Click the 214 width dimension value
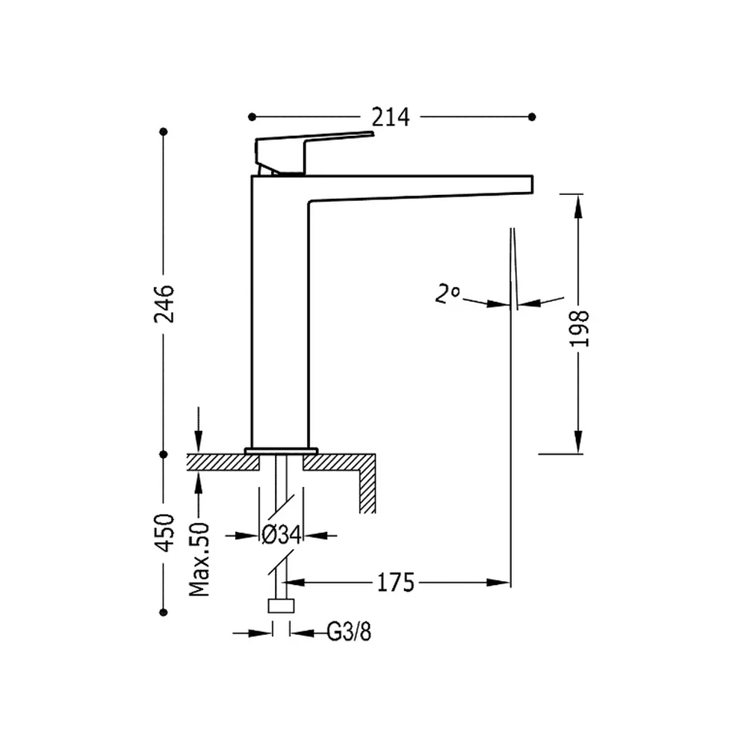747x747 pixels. pyautogui.click(x=390, y=117)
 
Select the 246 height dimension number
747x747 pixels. pyautogui.click(x=164, y=303)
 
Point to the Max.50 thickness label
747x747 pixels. pyautogui.click(x=199, y=560)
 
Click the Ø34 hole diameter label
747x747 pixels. pyautogui.click(x=281, y=535)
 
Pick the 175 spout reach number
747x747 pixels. pyautogui.click(x=395, y=582)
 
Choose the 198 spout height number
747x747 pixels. pyautogui.click(x=580, y=328)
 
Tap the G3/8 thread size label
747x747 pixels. pyautogui.click(x=349, y=632)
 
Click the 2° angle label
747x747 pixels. pyautogui.click(x=447, y=294)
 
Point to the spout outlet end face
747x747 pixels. pyautogui.click(x=532, y=185)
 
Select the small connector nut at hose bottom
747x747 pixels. pyautogui.click(x=281, y=606)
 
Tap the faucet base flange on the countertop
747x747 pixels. pyautogui.click(x=281, y=450)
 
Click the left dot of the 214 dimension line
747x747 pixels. pyautogui.click(x=252, y=117)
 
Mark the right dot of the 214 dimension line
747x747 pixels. pyautogui.click(x=532, y=117)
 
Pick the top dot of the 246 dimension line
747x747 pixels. pyautogui.click(x=164, y=131)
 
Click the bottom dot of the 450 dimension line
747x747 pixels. pyautogui.click(x=164, y=613)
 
